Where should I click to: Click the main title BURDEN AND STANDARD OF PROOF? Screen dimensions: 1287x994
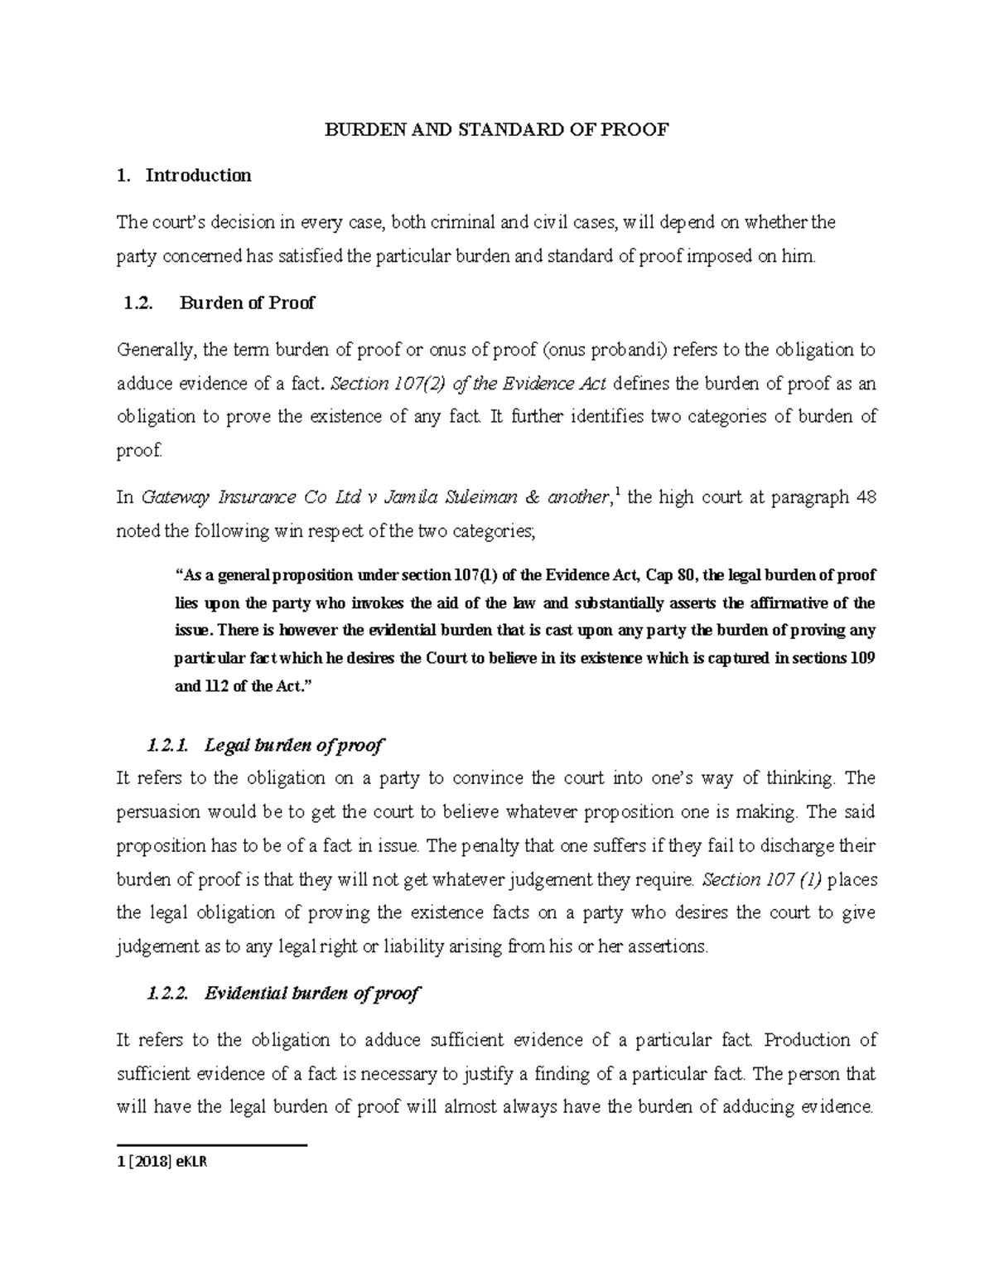point(495,130)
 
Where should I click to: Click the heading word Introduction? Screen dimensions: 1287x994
point(198,176)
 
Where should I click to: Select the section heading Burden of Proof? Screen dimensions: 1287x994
point(247,303)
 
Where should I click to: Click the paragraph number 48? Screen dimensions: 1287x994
point(864,498)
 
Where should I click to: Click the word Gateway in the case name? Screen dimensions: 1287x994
point(175,498)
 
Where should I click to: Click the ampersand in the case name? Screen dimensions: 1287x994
point(533,498)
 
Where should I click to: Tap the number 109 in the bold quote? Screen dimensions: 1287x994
point(862,659)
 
